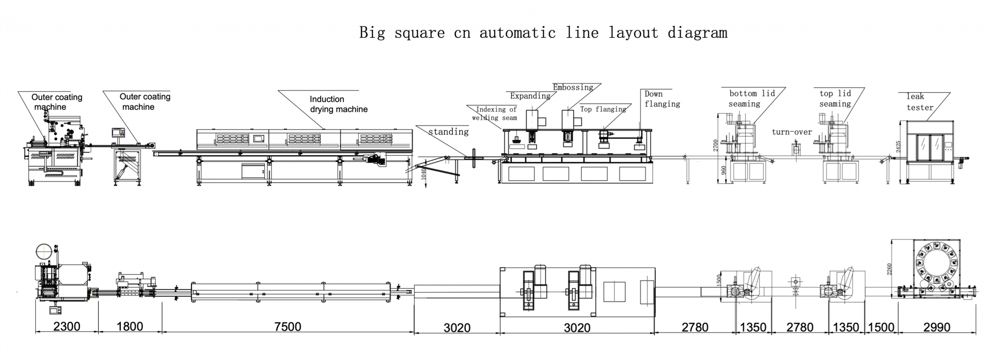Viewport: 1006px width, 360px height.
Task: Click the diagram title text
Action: click(543, 33)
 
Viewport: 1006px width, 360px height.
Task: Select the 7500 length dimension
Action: click(287, 327)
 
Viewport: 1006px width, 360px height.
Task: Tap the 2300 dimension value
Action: click(66, 327)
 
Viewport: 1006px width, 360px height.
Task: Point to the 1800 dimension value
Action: click(130, 327)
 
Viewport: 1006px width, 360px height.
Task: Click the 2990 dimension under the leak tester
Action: click(937, 328)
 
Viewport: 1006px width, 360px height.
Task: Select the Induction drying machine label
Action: click(338, 104)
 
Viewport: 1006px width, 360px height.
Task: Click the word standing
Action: click(448, 132)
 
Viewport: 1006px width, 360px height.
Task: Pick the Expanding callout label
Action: click(530, 96)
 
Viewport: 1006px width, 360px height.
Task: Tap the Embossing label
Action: click(573, 87)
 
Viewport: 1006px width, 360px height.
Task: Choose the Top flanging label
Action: click(603, 109)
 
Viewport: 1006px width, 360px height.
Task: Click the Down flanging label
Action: click(662, 99)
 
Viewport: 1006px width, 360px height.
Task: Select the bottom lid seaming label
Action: click(752, 99)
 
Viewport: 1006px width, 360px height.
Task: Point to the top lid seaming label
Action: click(835, 99)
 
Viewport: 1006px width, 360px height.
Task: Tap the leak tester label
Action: click(920, 102)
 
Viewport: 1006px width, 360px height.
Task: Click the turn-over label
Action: click(791, 132)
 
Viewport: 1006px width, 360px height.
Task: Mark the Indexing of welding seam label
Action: click(495, 113)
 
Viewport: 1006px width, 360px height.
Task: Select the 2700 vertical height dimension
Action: click(716, 145)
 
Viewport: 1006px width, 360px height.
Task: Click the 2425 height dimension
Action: click(898, 147)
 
